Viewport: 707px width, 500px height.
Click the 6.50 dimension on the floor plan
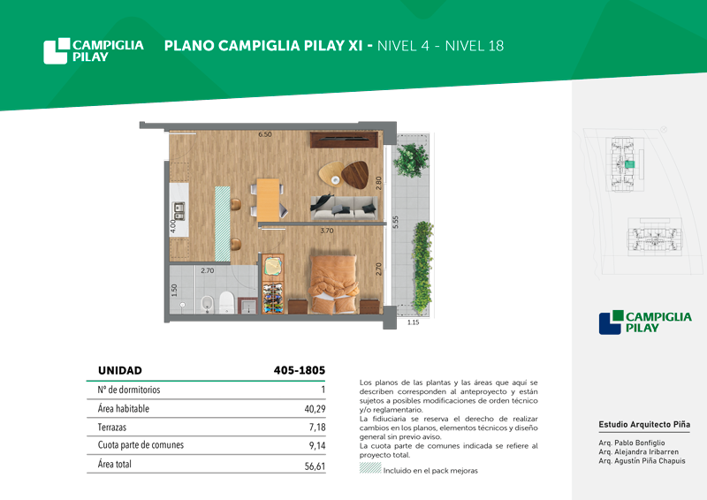pos(265,134)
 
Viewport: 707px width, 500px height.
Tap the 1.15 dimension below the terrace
pos(413,322)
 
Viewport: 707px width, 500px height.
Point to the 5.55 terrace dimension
pos(395,223)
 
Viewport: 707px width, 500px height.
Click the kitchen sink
pos(179,211)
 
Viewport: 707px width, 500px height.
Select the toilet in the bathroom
pos(226,302)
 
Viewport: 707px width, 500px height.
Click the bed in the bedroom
pos(334,284)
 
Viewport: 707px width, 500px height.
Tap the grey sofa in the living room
pos(344,208)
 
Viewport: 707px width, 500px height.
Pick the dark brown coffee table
pos(355,175)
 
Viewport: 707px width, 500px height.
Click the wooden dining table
pos(269,200)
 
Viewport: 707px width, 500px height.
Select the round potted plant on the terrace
pos(411,160)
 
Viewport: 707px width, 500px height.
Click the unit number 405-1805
pos(300,371)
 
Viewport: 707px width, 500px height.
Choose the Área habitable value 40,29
pos(315,409)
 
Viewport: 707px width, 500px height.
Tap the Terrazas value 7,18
pos(317,428)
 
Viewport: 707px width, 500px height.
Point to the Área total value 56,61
pos(315,466)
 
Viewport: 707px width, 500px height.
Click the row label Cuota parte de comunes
pos(141,445)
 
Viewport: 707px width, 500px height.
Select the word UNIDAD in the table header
pos(120,371)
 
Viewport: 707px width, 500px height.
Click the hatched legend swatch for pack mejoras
pos(370,467)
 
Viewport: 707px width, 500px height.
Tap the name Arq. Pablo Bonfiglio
pos(632,443)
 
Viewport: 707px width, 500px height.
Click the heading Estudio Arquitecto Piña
pos(644,424)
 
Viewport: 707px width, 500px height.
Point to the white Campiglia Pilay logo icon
pos(57,51)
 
